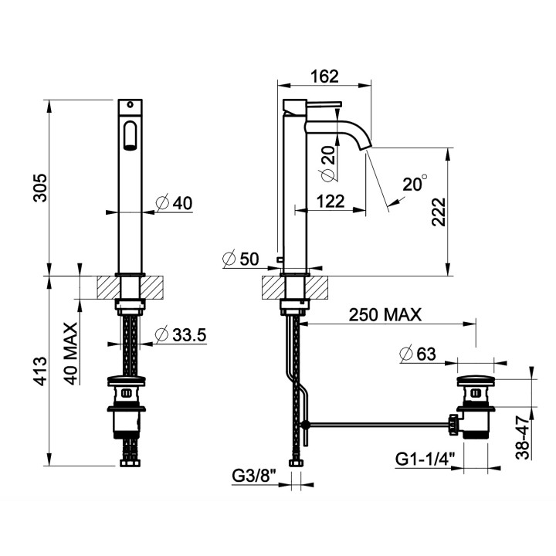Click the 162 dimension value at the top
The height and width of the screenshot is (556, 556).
tap(324, 76)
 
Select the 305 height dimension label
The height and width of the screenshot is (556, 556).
tap(40, 188)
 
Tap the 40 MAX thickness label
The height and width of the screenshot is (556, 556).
tap(71, 354)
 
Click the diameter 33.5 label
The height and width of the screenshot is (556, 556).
tap(181, 334)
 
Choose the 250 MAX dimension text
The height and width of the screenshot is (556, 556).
tap(385, 314)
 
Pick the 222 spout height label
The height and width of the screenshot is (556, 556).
tap(439, 212)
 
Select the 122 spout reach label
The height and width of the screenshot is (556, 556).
tap(331, 202)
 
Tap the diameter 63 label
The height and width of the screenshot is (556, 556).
tap(417, 354)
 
